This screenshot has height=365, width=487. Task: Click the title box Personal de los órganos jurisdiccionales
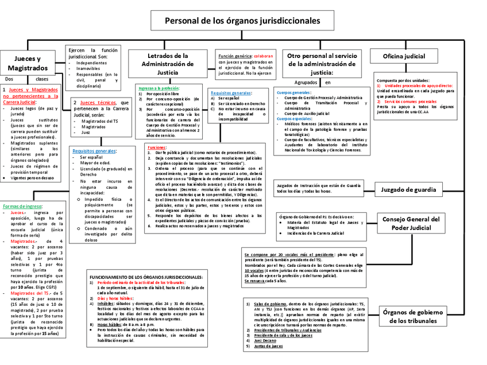[243, 21]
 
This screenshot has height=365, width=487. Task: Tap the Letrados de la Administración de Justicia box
[168, 64]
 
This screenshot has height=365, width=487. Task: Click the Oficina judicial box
[405, 56]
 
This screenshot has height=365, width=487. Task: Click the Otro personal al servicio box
[322, 63]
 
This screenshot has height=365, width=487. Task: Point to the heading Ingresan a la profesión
[159, 88]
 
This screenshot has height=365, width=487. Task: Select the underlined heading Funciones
[156, 147]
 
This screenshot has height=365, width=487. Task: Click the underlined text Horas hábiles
[107, 324]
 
